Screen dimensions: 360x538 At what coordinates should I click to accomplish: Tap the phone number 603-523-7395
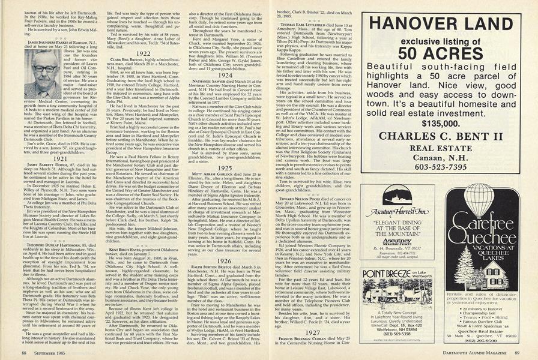(x=444, y=167)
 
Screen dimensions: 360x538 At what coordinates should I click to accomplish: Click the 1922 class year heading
(x=142, y=53)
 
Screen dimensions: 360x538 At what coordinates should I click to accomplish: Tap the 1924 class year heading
(x=226, y=76)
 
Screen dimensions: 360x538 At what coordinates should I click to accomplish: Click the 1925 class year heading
(x=226, y=169)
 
